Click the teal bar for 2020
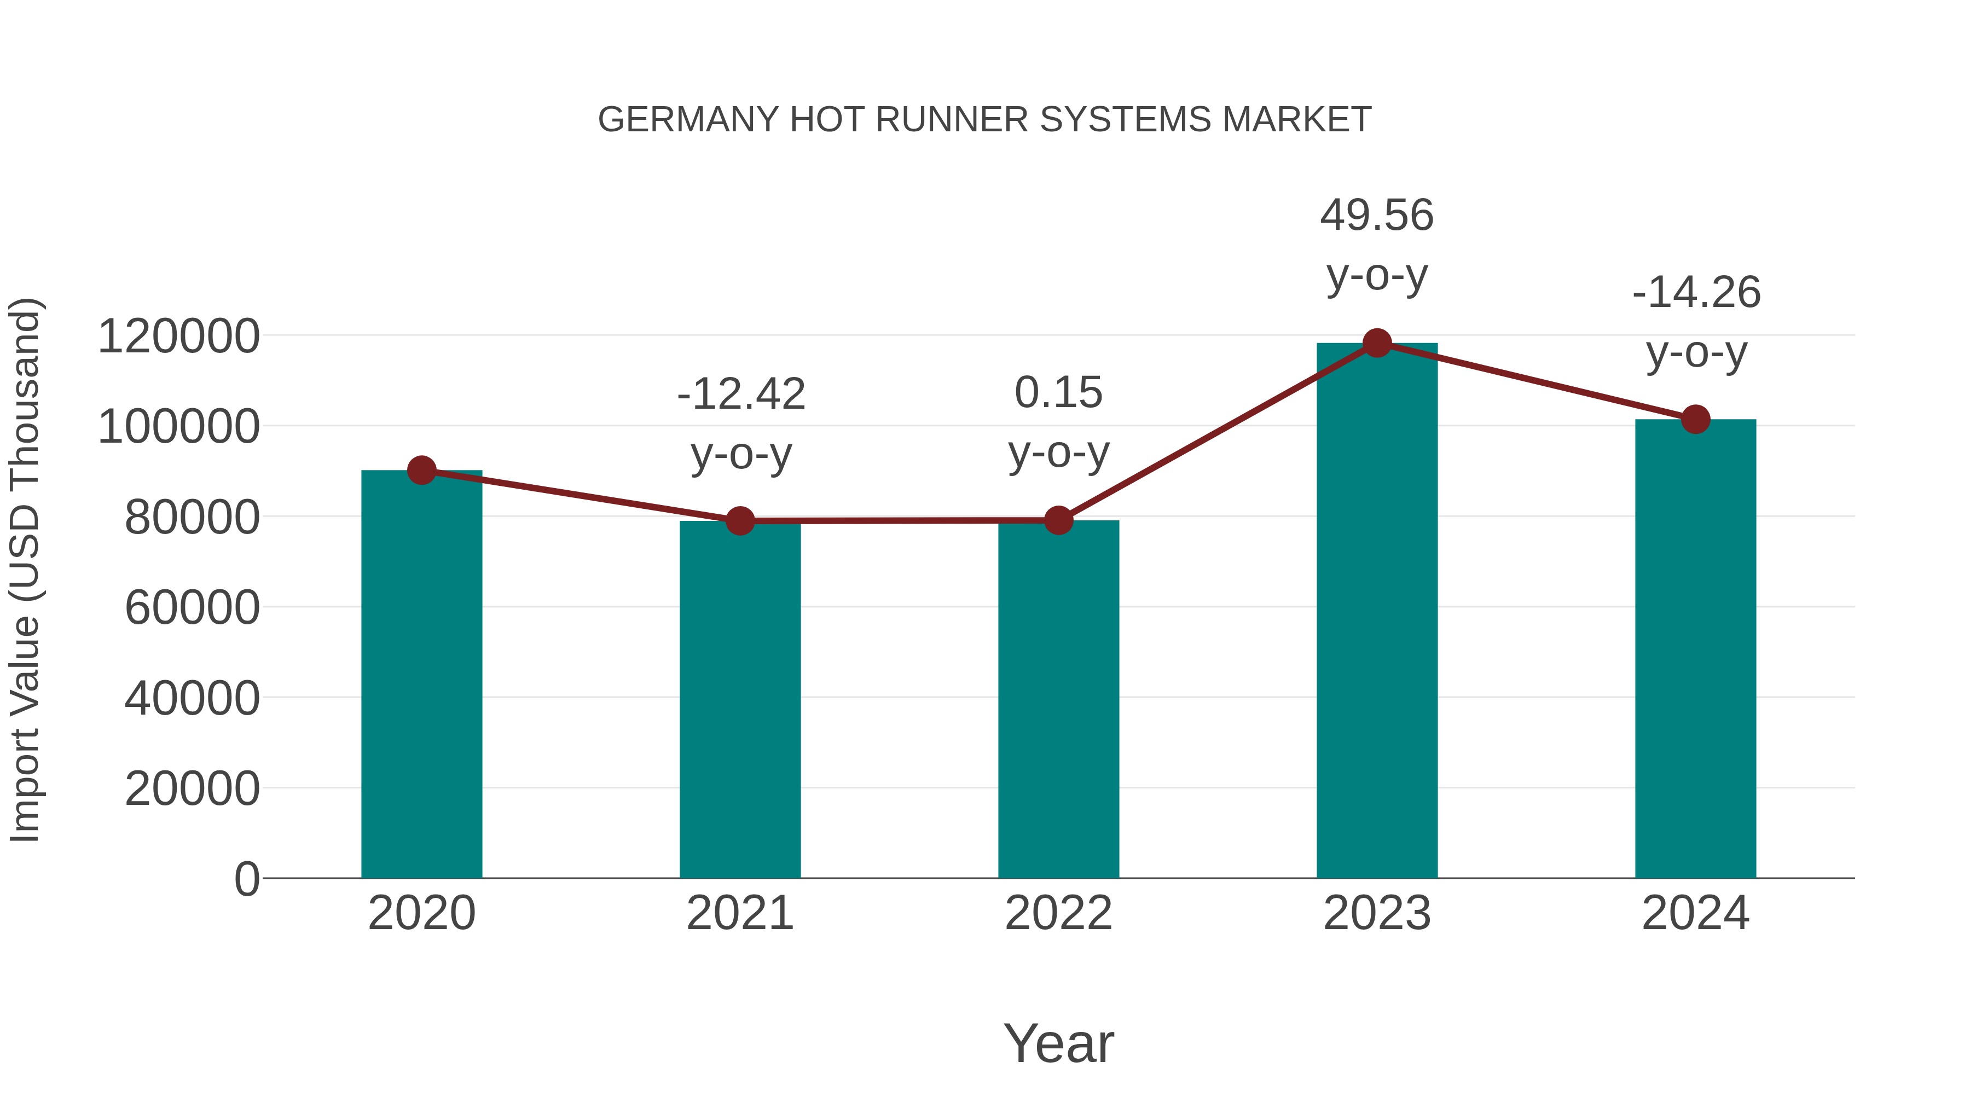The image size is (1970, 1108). pos(421,673)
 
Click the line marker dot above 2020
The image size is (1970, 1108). pos(421,470)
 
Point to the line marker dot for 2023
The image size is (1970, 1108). pos(1377,343)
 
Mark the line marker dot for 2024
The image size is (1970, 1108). pos(1695,419)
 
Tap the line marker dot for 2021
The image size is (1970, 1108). pos(739,521)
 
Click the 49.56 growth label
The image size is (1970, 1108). pos(1377,215)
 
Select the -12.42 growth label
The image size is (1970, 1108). pos(741,395)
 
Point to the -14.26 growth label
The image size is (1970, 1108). pos(1696,293)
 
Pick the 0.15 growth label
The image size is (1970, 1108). pos(1058,393)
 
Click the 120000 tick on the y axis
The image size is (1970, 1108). pos(179,337)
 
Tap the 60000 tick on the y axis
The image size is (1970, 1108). pos(192,608)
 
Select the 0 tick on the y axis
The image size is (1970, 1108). pos(247,879)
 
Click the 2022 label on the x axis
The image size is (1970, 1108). pos(1058,913)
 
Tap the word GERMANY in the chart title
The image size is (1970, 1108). pos(687,120)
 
